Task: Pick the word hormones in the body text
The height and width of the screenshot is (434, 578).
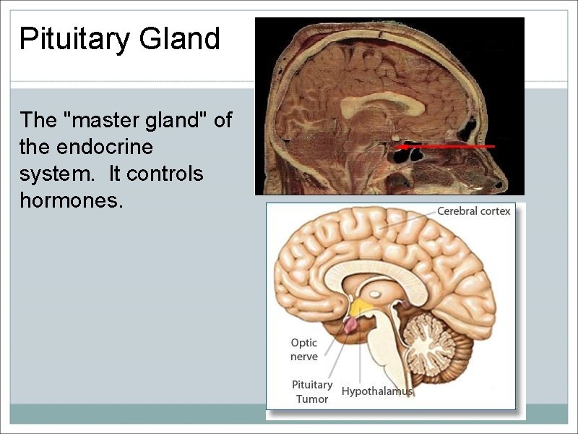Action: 71,201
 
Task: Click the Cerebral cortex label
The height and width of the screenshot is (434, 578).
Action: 473,211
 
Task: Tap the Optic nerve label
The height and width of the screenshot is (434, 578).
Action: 304,349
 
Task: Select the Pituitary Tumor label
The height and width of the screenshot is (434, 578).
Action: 312,391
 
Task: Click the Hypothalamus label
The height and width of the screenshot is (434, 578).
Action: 376,391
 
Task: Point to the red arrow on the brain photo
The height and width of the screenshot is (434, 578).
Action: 448,146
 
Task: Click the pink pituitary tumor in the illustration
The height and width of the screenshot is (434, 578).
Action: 350,325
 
